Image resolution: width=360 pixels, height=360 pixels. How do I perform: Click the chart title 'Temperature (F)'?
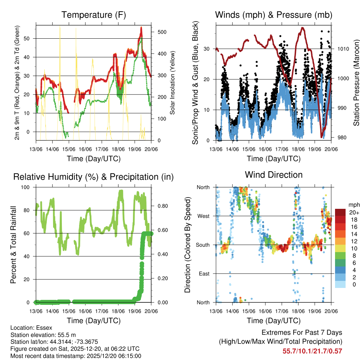(94, 15)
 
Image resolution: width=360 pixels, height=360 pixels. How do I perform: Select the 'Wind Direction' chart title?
(274, 174)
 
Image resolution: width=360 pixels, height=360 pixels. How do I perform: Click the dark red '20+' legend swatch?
(340, 212)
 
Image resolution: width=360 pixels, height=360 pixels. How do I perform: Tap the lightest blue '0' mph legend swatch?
(340, 284)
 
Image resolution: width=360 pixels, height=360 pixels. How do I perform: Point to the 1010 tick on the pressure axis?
(343, 49)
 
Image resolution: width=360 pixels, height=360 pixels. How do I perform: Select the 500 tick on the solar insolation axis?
(162, 32)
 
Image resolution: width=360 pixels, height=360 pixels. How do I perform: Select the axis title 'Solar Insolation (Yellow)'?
(173, 83)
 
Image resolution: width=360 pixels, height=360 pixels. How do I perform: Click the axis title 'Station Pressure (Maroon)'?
(356, 83)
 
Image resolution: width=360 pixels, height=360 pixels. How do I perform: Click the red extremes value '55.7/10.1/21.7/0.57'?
(312, 351)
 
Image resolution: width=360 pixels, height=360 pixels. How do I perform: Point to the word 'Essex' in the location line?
(45, 328)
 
